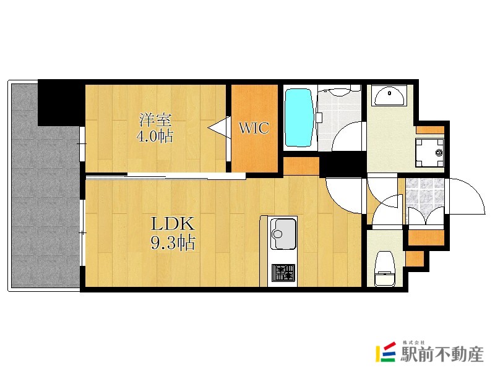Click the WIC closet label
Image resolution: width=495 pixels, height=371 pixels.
(x=254, y=128)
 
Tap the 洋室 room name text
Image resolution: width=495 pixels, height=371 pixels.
(x=156, y=120)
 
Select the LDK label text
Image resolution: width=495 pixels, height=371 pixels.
(x=173, y=224)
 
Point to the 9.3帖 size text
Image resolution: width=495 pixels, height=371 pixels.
(x=173, y=242)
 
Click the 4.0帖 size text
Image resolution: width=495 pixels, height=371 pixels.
(x=155, y=136)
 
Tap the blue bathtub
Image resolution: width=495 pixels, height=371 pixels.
(x=299, y=117)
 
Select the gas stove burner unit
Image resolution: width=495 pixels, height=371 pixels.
(x=283, y=273)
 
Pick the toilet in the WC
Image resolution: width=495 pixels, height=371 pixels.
(x=385, y=268)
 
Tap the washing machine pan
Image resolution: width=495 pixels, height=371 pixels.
(x=429, y=153)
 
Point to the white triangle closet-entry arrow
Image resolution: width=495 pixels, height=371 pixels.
(x=220, y=127)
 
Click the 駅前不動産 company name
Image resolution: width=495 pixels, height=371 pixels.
(x=442, y=354)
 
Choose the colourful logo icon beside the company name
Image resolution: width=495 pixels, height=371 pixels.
(x=385, y=352)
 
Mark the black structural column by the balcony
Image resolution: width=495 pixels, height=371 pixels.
(x=61, y=103)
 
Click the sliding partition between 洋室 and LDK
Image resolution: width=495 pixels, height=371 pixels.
(x=166, y=176)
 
